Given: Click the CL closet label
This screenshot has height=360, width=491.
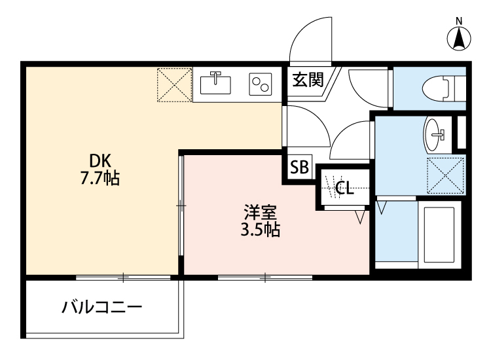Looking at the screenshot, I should point(344,189).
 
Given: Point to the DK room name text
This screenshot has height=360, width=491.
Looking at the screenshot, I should point(101,160).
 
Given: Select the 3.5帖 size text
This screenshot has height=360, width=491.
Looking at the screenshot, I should point(261,230).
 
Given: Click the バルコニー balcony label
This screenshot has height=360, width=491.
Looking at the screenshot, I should point(102,308).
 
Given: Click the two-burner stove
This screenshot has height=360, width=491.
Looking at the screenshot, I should point(260,84).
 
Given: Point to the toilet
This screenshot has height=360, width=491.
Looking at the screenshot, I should point(443,86).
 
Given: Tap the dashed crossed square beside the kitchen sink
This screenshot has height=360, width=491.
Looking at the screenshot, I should point(173,84).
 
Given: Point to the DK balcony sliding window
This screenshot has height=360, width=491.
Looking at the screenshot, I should point(122,278).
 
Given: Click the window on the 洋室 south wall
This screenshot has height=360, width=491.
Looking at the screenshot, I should point(264,278).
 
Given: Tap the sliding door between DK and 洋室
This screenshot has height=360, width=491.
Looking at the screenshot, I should point(181,206).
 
